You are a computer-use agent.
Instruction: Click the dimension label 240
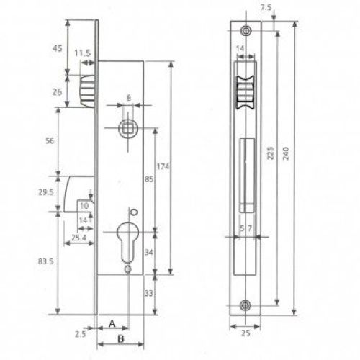coord(286,154)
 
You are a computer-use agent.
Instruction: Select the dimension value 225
coord(271,153)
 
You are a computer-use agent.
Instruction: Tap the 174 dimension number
coord(163,166)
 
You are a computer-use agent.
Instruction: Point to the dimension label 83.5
coord(46,261)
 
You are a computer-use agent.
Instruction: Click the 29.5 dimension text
coord(46,192)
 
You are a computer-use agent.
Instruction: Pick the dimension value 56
coord(50,140)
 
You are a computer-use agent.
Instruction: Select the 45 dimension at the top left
coord(58,48)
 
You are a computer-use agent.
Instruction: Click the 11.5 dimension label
coord(83,53)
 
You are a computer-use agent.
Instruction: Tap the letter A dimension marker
coord(112,323)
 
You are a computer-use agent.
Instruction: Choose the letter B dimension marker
coord(121,339)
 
